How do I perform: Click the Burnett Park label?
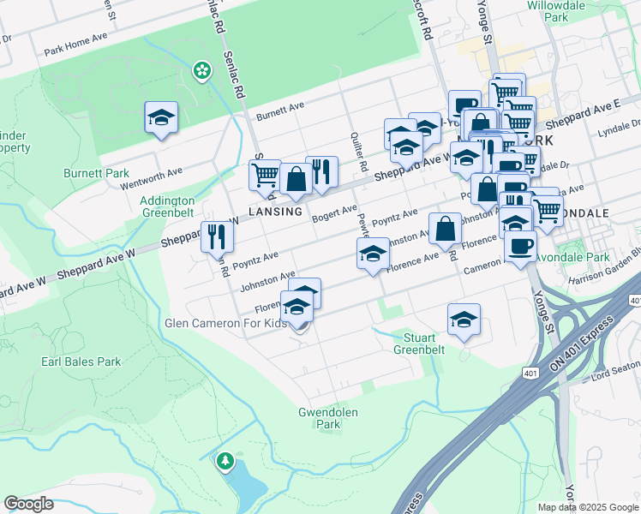pos(96,173)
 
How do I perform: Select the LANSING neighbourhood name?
pos(276,211)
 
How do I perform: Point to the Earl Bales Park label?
pos(81,362)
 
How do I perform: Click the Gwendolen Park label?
pos(327,418)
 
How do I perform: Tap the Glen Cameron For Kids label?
pos(225,324)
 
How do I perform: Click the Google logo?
pos(28,504)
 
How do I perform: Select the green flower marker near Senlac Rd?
pos(202,70)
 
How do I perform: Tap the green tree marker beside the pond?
pos(225,462)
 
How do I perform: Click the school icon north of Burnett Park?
pos(160,119)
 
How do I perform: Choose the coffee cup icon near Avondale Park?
pos(520,247)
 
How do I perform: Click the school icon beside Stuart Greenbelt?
pos(464,320)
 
